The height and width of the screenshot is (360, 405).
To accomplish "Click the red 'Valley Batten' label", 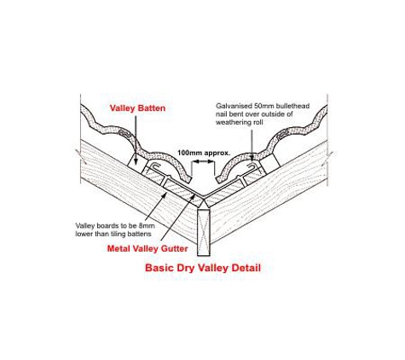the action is tap(137, 108).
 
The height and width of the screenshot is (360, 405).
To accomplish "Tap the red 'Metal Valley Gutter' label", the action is tap(148, 249).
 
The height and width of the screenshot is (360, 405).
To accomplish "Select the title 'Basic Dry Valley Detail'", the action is tap(203, 268).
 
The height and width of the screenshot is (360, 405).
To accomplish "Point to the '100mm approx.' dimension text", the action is tap(204, 153).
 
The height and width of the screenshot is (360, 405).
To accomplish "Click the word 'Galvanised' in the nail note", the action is tap(230, 106).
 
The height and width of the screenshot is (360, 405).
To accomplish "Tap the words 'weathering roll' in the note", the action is tap(240, 123).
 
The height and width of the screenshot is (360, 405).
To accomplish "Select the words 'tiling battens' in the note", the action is tap(132, 234).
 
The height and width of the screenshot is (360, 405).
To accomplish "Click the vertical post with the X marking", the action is tap(204, 232).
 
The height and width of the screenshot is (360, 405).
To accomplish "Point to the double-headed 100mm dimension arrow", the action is tap(203, 161).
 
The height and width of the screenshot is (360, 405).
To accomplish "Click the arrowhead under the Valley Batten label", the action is tap(136, 161).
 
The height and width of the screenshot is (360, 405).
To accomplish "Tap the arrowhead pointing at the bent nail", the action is tap(252, 158).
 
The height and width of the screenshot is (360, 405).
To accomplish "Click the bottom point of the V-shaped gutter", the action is tap(202, 195).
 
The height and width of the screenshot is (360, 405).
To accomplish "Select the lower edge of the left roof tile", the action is tap(188, 179).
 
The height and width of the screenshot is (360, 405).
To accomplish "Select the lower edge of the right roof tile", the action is tap(219, 180).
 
